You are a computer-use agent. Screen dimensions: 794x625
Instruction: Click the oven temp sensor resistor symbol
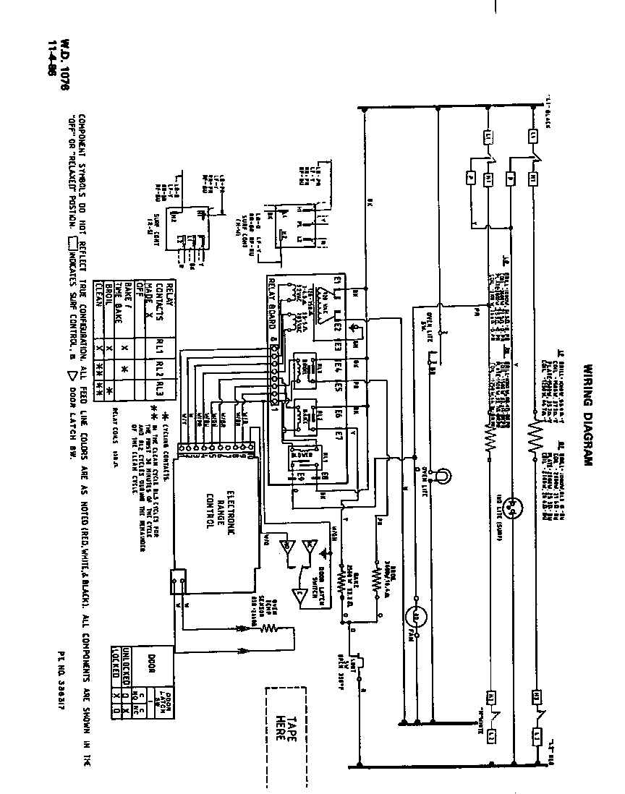point(270,628)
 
